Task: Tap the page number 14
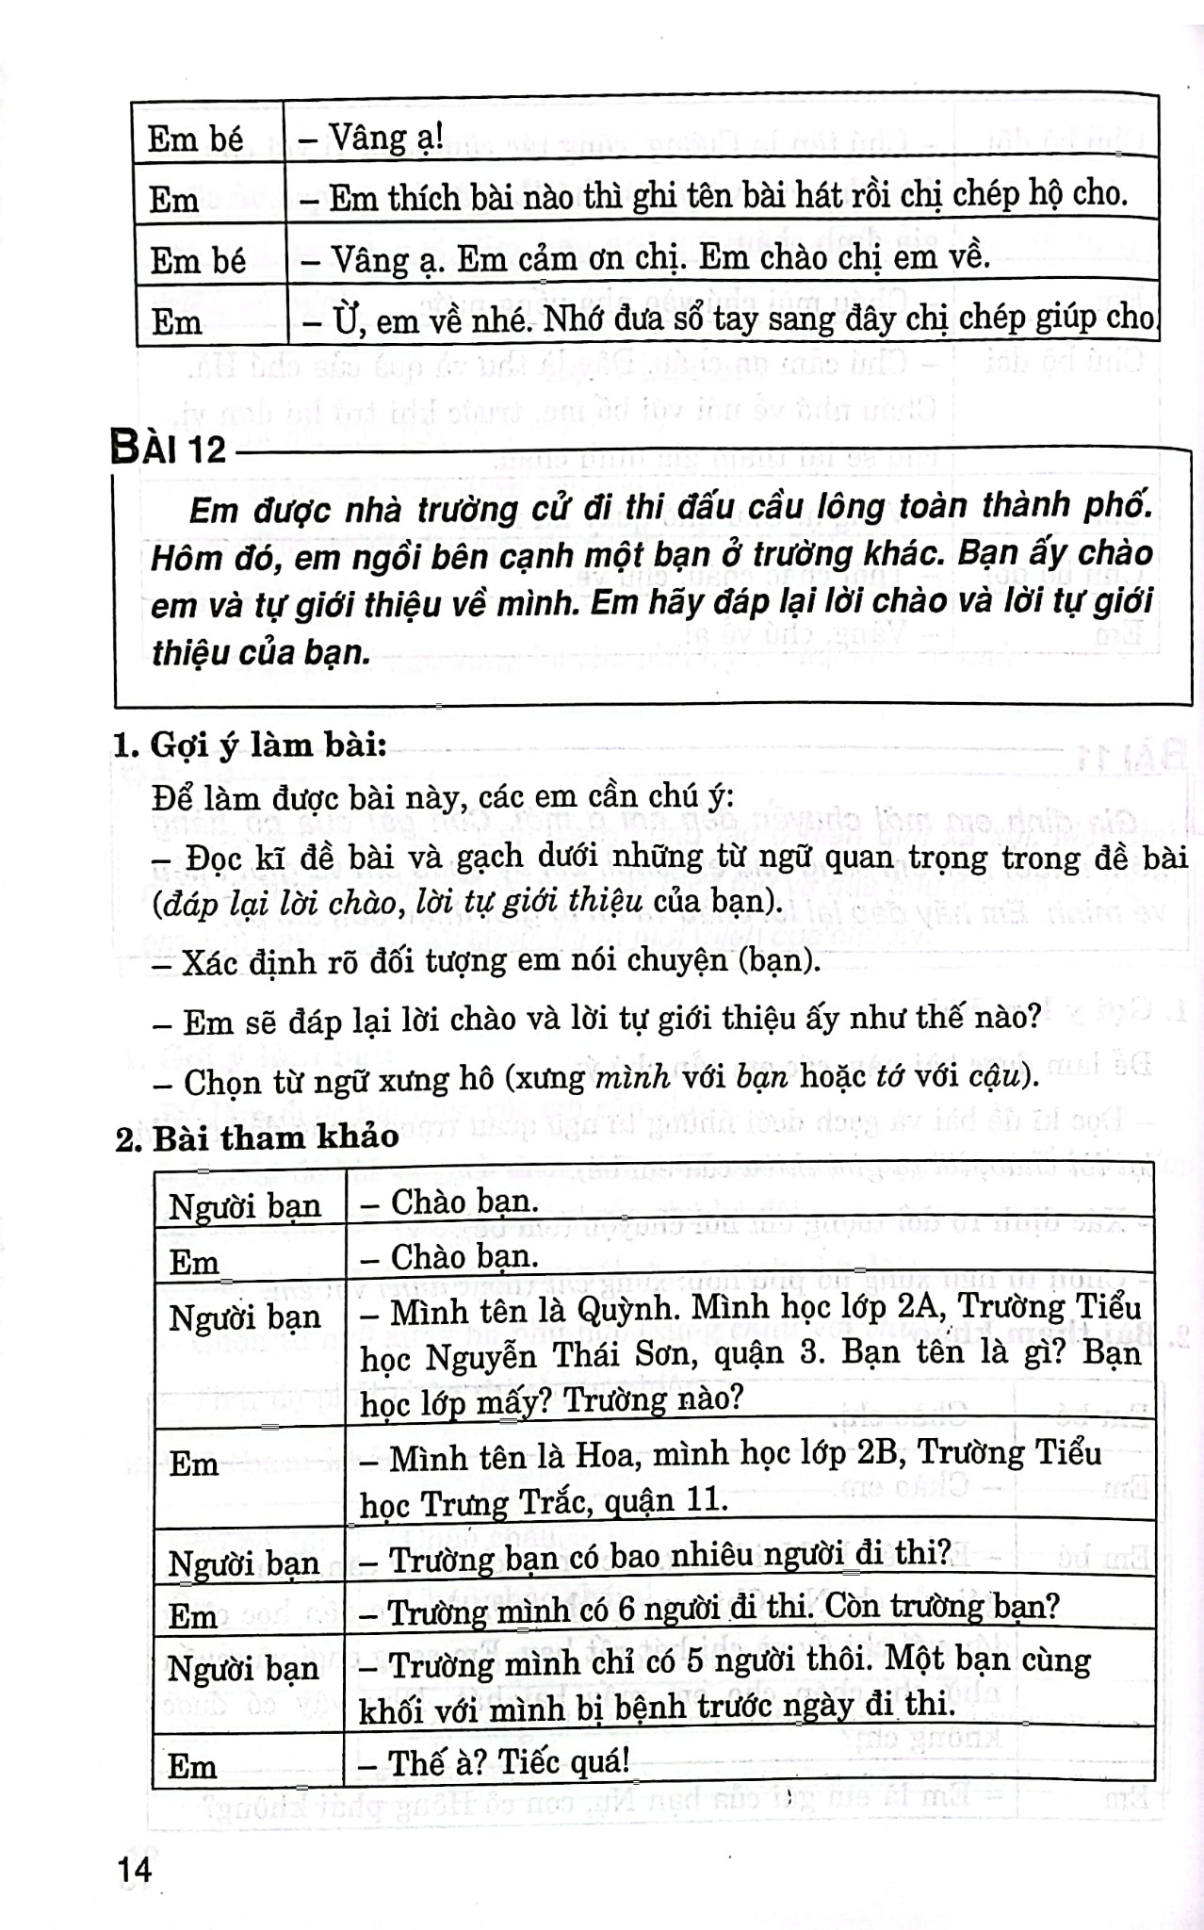[135, 1869]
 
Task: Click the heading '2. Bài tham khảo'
[256, 1137]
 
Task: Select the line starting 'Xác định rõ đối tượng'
[485, 962]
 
